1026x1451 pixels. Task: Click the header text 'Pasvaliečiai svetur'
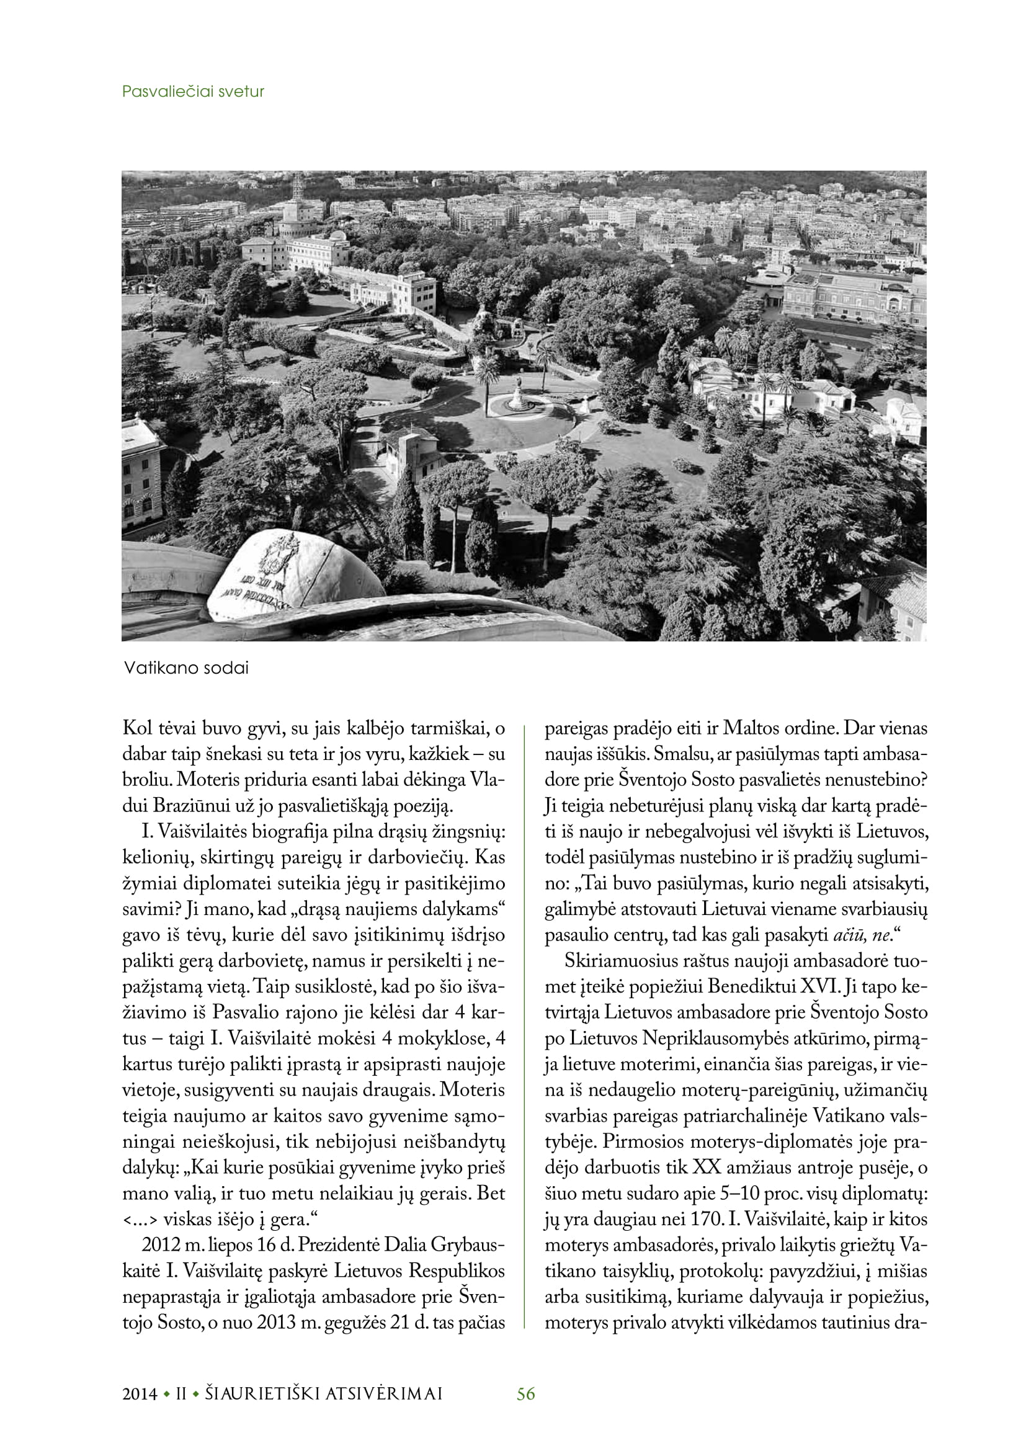coord(193,92)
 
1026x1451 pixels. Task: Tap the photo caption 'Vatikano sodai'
coord(186,668)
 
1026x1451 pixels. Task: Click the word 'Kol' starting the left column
coord(137,728)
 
